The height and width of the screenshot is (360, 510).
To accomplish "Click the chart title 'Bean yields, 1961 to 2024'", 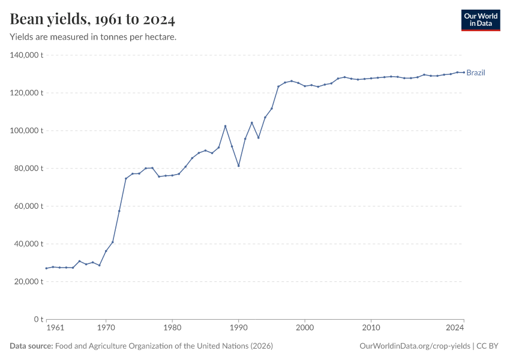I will [92, 20].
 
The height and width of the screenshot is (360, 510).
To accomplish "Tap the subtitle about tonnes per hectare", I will [93, 37].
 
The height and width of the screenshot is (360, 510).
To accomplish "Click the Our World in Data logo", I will [480, 20].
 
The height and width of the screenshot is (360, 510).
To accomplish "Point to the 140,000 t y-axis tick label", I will [27, 55].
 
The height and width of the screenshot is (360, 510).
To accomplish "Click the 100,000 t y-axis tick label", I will [27, 131].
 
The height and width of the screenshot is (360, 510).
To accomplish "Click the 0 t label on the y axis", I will [38, 319].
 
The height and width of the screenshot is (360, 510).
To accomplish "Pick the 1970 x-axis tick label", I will [106, 328].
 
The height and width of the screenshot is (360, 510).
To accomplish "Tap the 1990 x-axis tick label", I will [238, 328].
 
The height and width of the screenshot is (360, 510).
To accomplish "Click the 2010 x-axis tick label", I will [371, 328].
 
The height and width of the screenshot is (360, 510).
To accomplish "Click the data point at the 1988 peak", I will [225, 126].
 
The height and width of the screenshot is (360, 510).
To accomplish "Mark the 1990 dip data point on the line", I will [238, 166].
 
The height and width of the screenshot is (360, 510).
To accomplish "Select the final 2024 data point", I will [464, 72].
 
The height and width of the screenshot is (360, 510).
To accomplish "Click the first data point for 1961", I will [46, 268].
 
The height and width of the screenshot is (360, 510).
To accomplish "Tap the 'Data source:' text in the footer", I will [31, 346].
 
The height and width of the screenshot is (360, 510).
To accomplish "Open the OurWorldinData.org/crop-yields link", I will [415, 346].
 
